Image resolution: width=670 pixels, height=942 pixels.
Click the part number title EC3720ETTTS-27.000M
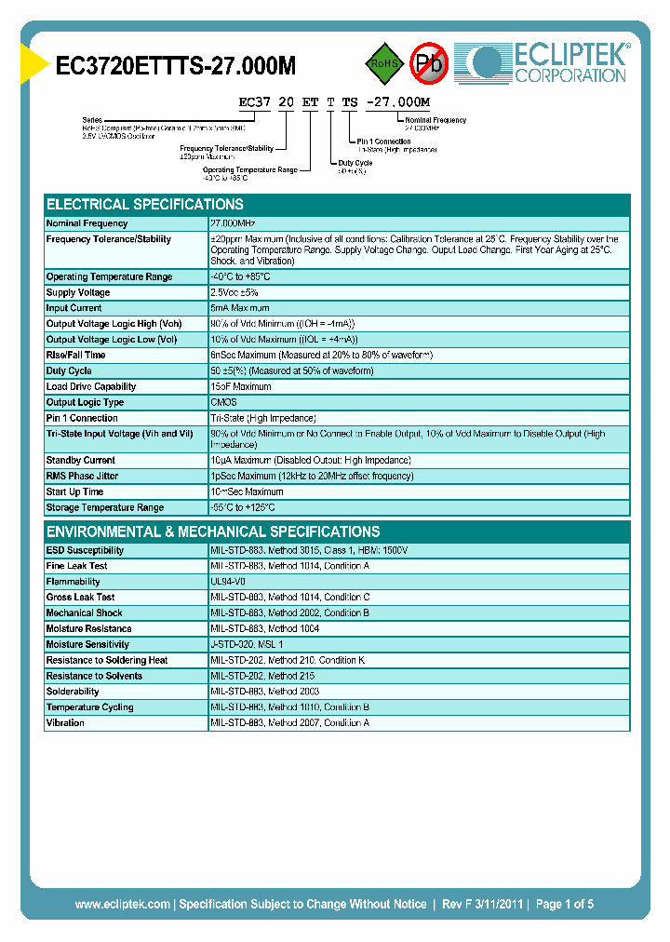point(176,66)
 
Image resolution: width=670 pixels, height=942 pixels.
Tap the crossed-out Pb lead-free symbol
point(430,63)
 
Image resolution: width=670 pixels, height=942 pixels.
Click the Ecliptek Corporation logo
point(549,63)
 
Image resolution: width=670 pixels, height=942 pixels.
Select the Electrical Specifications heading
point(145,205)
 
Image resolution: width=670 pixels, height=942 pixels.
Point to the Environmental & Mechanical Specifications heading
point(213,532)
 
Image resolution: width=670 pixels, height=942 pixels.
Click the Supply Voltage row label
point(78,292)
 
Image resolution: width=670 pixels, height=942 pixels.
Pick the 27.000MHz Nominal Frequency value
point(233,223)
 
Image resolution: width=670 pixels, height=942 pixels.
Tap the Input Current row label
point(74,308)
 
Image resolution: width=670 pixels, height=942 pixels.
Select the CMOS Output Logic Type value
point(223,402)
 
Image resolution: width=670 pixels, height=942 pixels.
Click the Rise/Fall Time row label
point(75,355)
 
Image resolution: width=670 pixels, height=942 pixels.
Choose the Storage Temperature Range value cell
point(243,507)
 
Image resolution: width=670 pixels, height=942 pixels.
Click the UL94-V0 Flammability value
point(228,582)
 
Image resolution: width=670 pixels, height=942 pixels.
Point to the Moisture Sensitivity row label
point(87,644)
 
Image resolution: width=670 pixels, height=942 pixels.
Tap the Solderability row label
point(73,692)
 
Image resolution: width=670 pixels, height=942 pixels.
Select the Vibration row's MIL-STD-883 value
point(289,723)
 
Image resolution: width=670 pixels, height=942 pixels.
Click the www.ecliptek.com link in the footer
point(122,904)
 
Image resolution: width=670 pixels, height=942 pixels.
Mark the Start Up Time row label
point(74,491)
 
